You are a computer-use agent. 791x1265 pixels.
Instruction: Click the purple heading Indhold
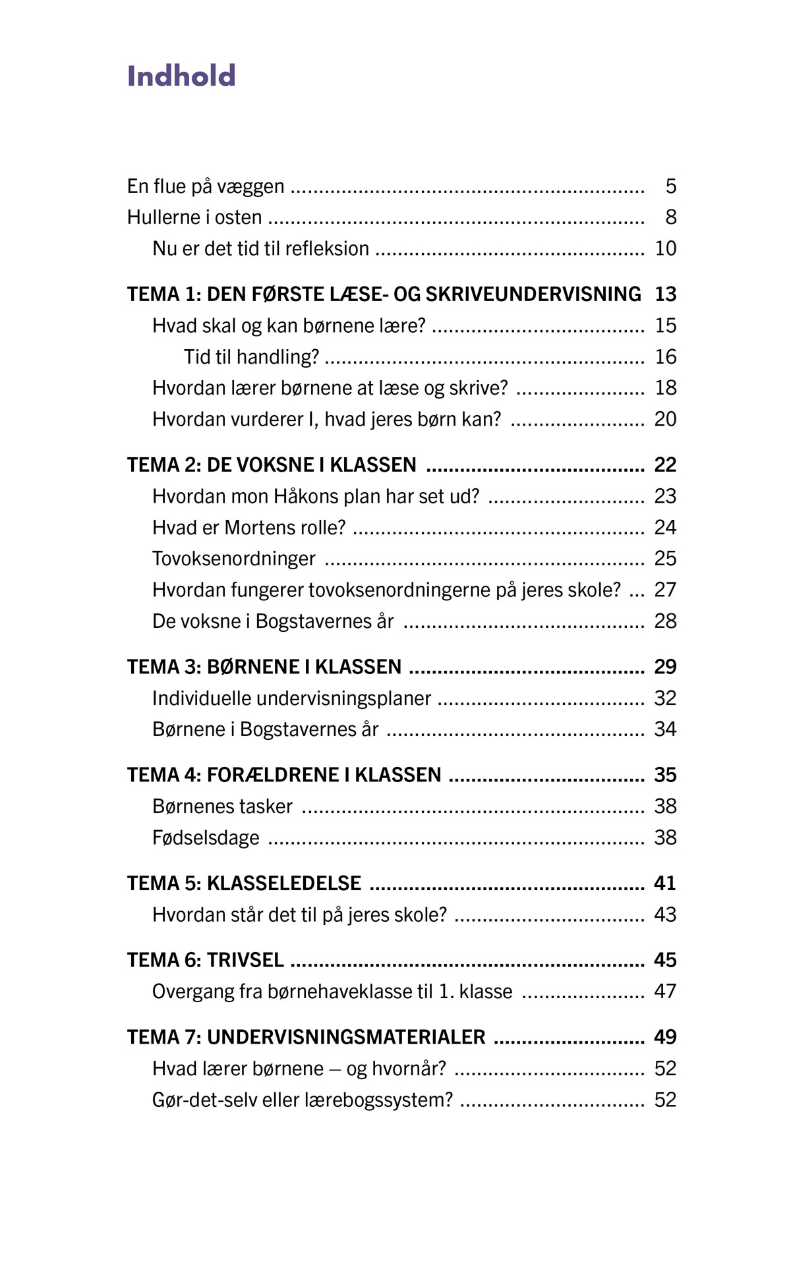tap(181, 76)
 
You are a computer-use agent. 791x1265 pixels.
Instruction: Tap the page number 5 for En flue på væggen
tap(670, 186)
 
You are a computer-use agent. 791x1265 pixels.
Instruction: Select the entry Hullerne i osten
tap(194, 217)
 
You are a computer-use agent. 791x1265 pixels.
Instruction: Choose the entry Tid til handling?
tap(251, 357)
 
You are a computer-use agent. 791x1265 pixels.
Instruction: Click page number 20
tap(665, 419)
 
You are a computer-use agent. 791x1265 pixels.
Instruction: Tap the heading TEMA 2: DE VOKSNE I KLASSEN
tap(272, 465)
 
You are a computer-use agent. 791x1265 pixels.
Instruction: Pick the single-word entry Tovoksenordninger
tap(234, 559)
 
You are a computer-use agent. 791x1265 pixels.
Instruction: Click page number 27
tap(665, 590)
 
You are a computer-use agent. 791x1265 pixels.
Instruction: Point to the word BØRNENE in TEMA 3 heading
tap(253, 667)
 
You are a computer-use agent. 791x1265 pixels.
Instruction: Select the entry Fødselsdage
tap(206, 838)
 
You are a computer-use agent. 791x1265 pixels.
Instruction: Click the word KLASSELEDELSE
tap(284, 884)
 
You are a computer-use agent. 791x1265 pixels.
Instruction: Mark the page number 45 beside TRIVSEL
tap(665, 960)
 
